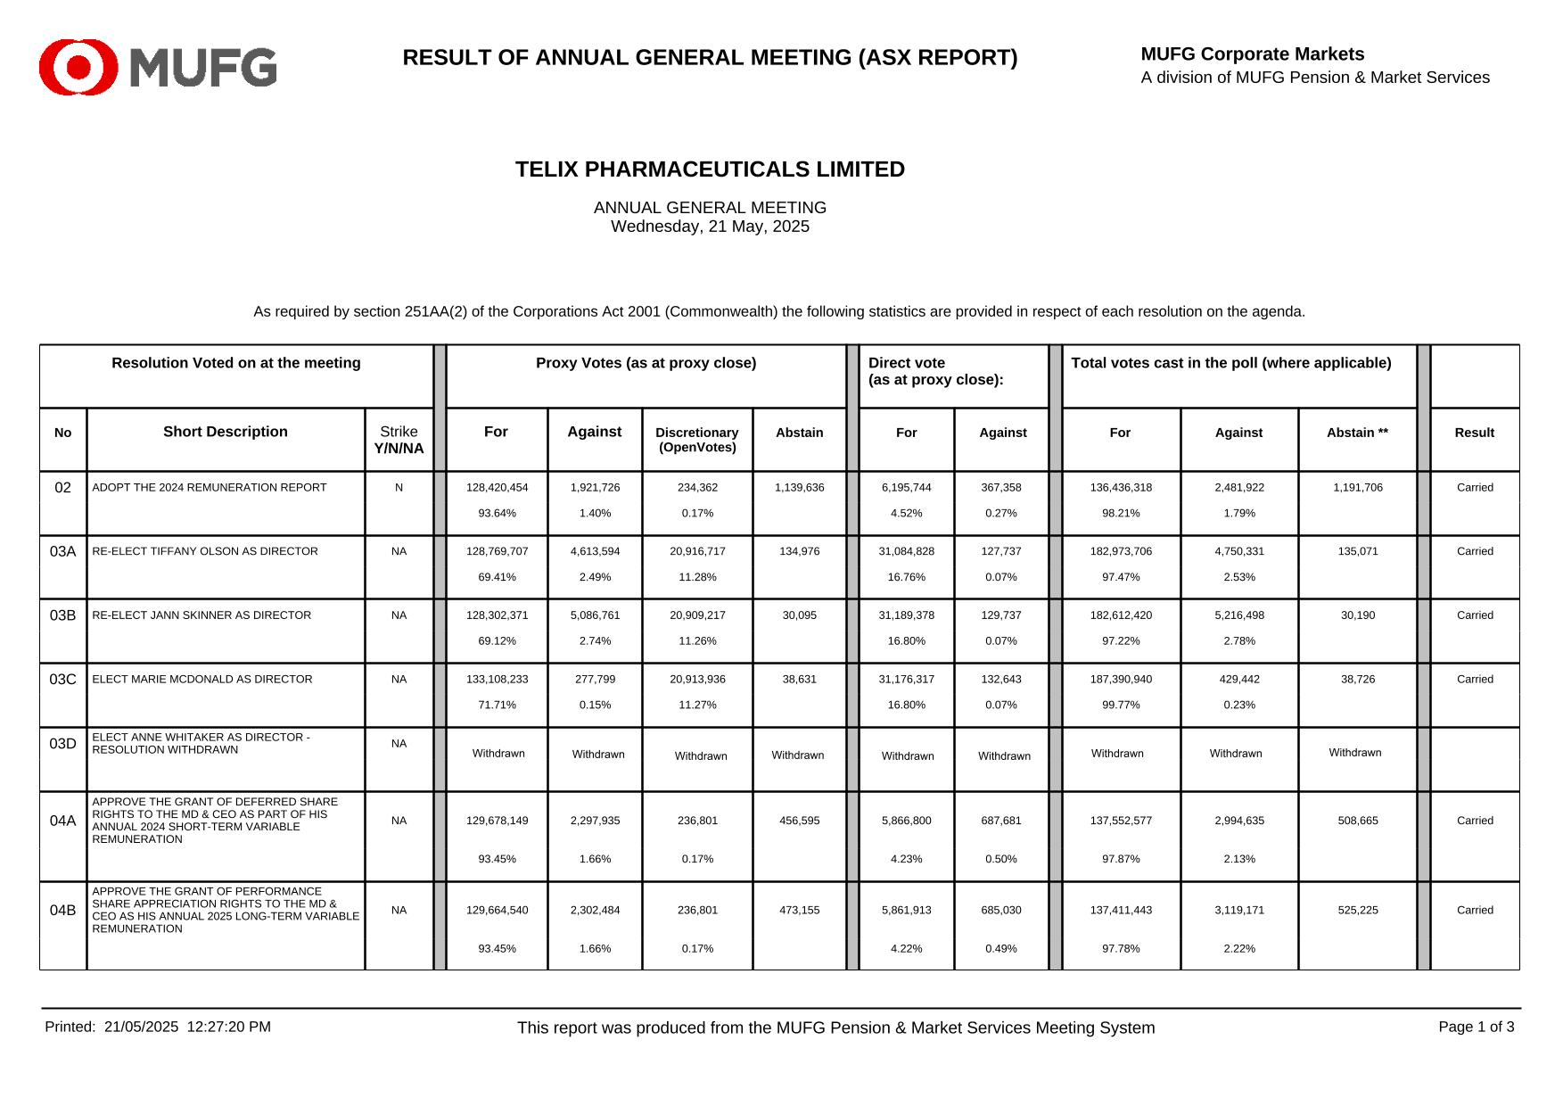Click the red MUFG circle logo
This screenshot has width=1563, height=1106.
(x=78, y=67)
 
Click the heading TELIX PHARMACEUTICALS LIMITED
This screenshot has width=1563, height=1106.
(x=710, y=169)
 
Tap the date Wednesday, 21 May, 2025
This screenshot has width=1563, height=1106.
(x=710, y=227)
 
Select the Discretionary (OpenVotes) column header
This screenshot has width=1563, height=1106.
(x=696, y=440)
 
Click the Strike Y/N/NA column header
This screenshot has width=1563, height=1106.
(x=399, y=440)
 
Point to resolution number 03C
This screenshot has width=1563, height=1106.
(x=62, y=680)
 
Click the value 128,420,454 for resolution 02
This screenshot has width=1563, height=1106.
(x=497, y=488)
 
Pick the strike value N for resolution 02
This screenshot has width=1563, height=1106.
(x=399, y=488)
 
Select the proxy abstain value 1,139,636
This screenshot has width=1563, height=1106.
(x=799, y=488)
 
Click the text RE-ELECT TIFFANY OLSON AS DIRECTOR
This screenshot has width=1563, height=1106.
(x=205, y=552)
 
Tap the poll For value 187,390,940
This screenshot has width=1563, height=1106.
(x=1121, y=680)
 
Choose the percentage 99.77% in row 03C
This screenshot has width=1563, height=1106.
(x=1121, y=706)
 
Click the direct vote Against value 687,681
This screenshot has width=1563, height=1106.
(x=1001, y=821)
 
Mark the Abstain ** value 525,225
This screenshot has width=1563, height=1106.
(x=1357, y=911)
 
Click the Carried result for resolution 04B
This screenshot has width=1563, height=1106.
(x=1475, y=911)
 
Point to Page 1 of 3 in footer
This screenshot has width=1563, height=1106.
(x=1476, y=1027)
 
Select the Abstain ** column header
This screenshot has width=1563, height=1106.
(x=1357, y=433)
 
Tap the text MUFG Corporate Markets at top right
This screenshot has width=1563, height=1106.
(x=1252, y=54)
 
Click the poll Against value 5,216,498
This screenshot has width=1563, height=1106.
(x=1238, y=615)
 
